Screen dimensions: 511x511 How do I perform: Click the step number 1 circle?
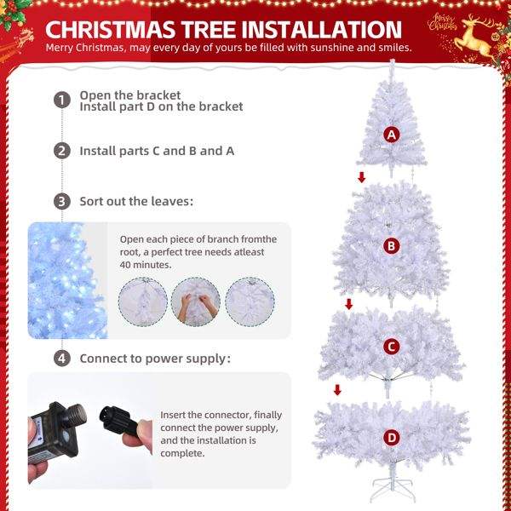(x=62, y=100)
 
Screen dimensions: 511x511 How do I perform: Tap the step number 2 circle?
(x=62, y=151)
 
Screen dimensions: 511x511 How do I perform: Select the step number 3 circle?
(x=62, y=201)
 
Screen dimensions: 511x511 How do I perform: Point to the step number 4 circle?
(x=62, y=359)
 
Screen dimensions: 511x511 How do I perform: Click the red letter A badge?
(x=392, y=135)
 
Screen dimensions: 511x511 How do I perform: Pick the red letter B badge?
(x=391, y=246)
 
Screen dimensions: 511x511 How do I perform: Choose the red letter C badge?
(x=392, y=347)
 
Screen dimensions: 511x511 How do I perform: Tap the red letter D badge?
(x=392, y=438)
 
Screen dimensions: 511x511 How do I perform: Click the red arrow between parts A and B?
(x=362, y=177)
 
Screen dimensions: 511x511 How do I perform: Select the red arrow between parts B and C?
(x=348, y=304)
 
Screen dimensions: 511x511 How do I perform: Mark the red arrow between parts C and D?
(x=337, y=389)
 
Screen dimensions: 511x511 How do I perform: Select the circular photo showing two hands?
(x=196, y=301)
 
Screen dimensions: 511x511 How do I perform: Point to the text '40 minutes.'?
(x=146, y=265)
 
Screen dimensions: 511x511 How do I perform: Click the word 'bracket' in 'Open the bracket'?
(x=158, y=95)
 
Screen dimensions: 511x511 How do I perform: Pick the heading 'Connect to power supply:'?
(x=155, y=359)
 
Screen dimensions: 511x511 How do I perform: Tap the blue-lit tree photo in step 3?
(x=68, y=280)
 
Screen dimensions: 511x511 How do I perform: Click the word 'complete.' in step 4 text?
(x=182, y=453)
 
